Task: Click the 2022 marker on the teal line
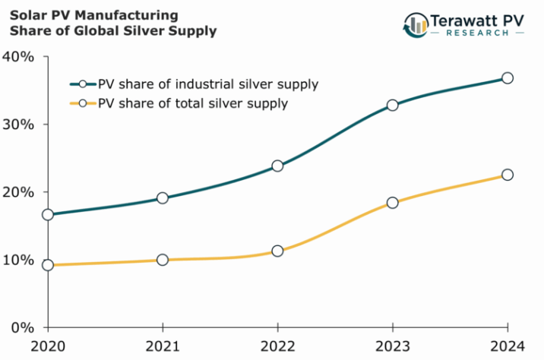coord(277,166)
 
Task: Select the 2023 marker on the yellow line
coord(392,203)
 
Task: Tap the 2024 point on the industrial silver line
coord(508,78)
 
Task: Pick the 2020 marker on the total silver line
coord(48,265)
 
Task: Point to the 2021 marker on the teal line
coord(163,198)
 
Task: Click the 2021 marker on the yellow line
coord(163,260)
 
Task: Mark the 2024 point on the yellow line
coord(508,175)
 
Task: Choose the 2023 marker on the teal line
coord(392,105)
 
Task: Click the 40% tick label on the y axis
coord(17,57)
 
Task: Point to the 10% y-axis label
coord(17,260)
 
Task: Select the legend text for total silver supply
coord(193,103)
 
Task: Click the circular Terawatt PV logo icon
coord(416,24)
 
